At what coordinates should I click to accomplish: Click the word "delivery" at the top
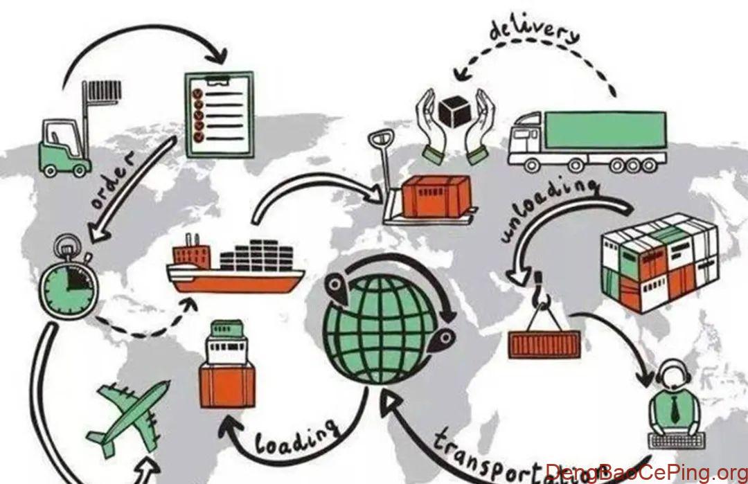tap(533, 31)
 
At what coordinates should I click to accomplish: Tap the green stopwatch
tap(69, 284)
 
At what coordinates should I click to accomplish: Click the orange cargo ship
tap(235, 270)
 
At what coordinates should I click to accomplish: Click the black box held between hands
tap(454, 111)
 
